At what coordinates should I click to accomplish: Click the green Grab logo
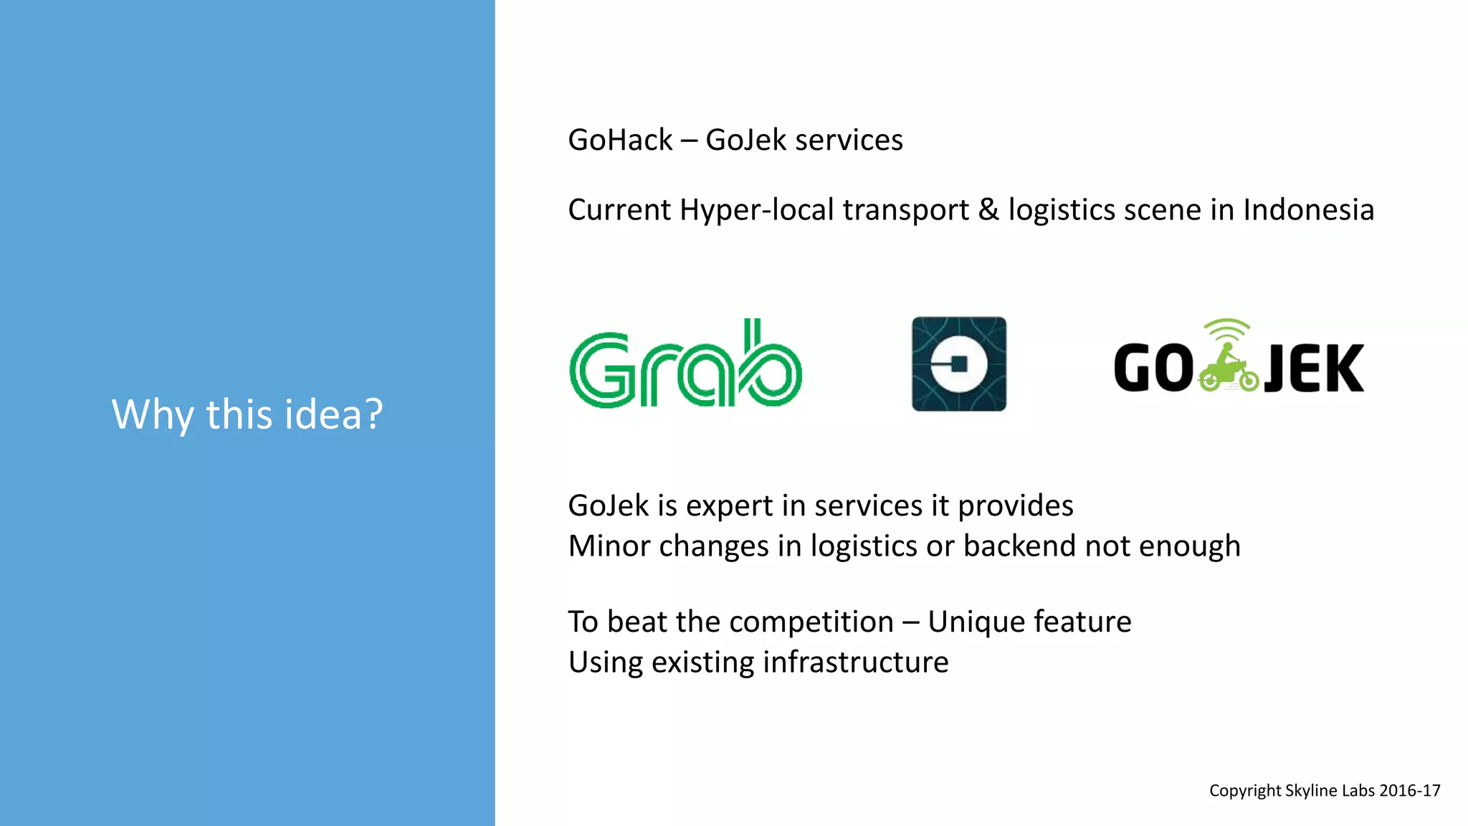[685, 364]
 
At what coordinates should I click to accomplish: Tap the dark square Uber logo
[958, 364]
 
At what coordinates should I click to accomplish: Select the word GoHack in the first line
[620, 140]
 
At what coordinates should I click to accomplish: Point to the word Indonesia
[1308, 210]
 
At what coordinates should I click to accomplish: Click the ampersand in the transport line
[988, 210]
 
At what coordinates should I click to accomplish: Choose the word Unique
[972, 622]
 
